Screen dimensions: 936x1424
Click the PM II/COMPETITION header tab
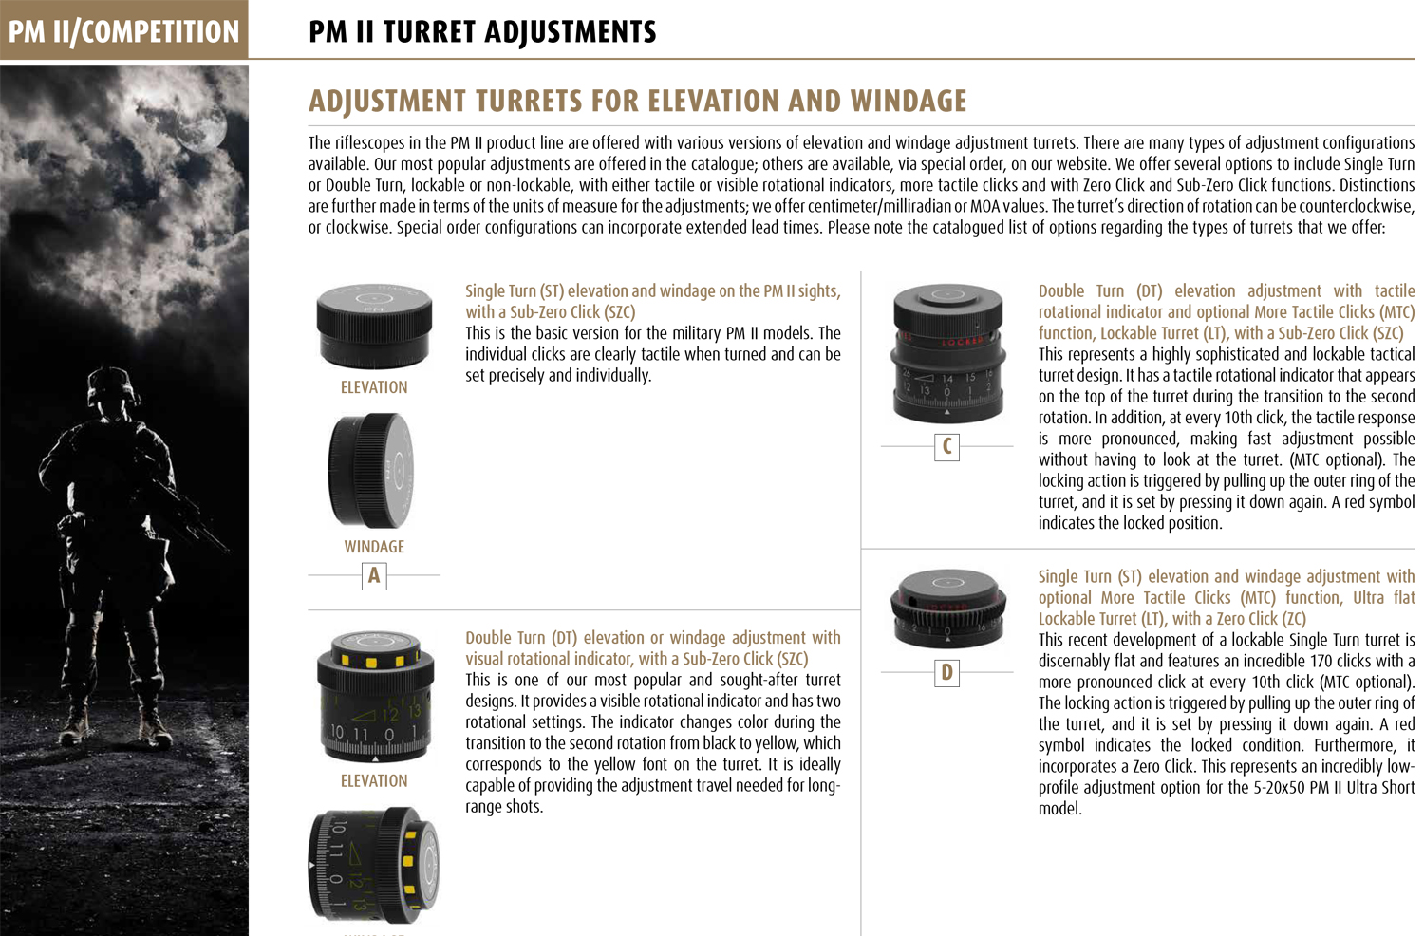(x=123, y=31)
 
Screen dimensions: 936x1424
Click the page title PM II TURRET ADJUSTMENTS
(x=482, y=32)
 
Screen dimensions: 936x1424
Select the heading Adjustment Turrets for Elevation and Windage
(x=637, y=101)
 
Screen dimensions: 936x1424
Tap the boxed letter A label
(x=374, y=575)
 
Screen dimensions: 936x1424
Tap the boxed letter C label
(x=946, y=446)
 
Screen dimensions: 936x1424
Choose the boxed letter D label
(x=946, y=673)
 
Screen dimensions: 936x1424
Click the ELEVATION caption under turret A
(x=374, y=387)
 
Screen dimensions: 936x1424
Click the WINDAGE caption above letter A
(x=374, y=547)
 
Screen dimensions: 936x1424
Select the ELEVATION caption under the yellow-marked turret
(x=374, y=781)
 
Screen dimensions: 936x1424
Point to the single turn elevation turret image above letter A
(x=374, y=326)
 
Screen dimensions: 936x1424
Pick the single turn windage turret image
(x=371, y=470)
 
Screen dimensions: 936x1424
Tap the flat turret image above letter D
(x=946, y=608)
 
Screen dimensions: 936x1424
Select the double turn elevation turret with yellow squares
(x=375, y=696)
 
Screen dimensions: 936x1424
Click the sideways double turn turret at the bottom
(x=375, y=864)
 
